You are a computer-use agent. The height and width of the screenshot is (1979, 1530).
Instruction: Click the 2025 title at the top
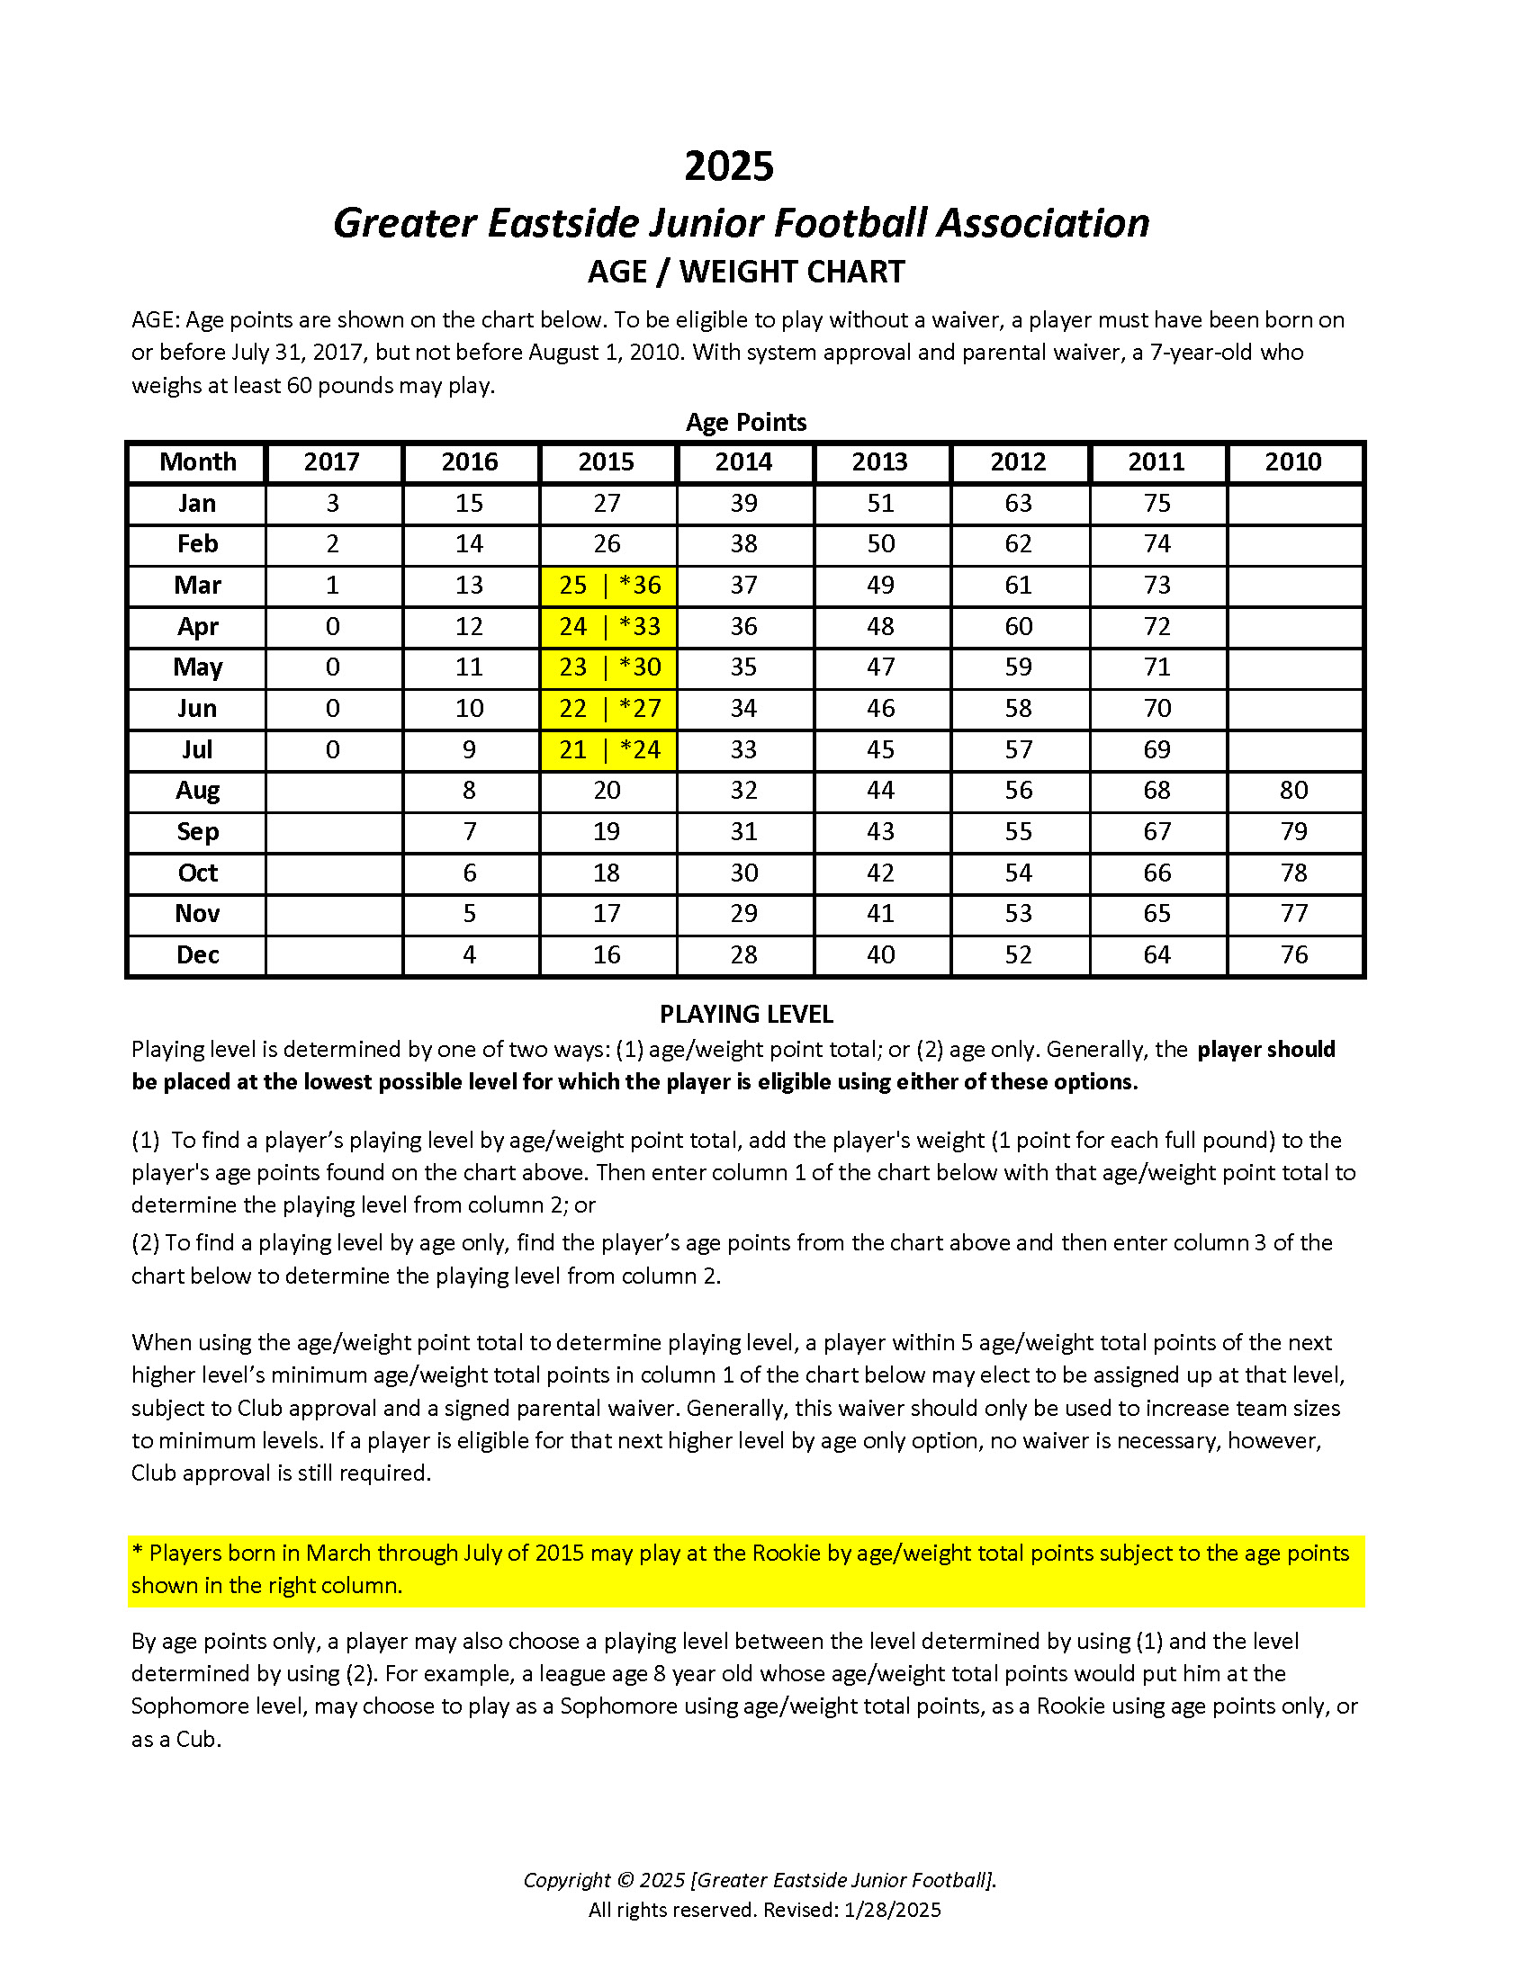tap(729, 166)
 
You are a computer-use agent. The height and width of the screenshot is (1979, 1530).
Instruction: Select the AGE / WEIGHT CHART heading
tap(746, 272)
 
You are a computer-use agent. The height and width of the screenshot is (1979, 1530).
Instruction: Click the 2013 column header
tap(879, 462)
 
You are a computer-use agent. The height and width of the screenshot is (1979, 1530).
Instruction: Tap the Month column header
tap(198, 462)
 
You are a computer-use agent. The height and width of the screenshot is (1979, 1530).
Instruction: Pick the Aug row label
tap(198, 791)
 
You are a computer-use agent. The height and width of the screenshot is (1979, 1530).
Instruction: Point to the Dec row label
tap(198, 955)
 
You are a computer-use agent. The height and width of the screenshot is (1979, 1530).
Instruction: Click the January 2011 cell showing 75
tap(1156, 504)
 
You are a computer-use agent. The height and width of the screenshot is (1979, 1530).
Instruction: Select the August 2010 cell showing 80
tap(1293, 791)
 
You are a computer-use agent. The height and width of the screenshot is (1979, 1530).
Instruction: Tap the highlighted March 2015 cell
tap(608, 586)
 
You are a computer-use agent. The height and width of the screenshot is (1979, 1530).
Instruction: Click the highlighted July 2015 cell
tap(608, 750)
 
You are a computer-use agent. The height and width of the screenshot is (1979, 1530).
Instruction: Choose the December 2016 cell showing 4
tap(470, 955)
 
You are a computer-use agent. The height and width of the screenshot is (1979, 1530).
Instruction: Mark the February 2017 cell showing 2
tap(333, 544)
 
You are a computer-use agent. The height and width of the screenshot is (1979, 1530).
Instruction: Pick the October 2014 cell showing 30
tap(743, 873)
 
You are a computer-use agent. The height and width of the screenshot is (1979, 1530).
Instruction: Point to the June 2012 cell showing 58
tap(1018, 709)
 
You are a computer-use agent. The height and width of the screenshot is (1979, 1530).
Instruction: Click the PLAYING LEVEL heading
tap(746, 1014)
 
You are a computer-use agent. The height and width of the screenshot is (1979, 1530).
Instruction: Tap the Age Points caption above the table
tap(746, 422)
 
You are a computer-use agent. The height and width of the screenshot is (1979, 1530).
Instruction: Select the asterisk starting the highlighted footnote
tap(138, 1554)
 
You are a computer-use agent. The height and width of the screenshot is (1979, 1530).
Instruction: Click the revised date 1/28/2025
tap(892, 1910)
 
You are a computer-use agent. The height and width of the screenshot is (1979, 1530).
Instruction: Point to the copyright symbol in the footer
tap(625, 1880)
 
